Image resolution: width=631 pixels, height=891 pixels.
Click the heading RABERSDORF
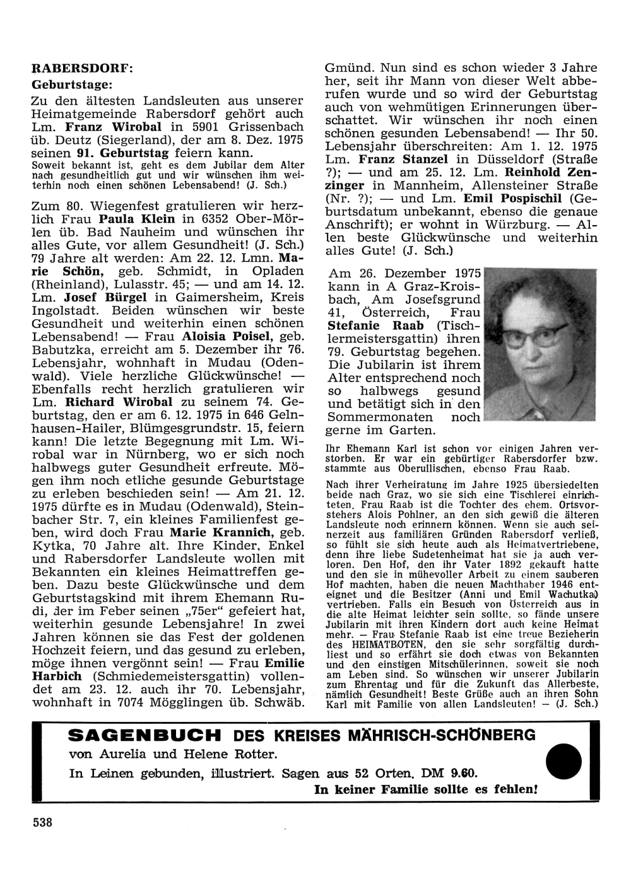(83, 69)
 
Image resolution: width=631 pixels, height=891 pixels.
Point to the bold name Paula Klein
(131, 219)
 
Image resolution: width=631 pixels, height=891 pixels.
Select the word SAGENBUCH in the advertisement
(153, 735)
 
